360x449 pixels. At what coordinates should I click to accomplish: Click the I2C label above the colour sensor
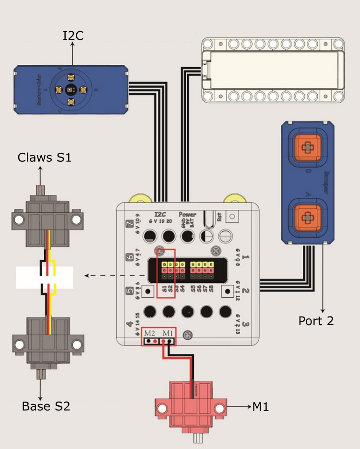click(x=73, y=35)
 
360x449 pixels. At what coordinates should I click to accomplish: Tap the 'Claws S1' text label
click(x=45, y=157)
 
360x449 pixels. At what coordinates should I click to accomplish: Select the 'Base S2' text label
click(x=46, y=406)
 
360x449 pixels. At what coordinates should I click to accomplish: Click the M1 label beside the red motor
click(x=261, y=407)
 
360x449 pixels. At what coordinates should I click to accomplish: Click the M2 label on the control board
click(x=149, y=333)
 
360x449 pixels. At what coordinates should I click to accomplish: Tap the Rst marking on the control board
click(x=219, y=217)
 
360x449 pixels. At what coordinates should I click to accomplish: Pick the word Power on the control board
click(x=188, y=214)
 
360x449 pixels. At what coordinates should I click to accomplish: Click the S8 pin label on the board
click(x=211, y=290)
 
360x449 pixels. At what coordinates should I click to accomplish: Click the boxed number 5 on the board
click(x=129, y=291)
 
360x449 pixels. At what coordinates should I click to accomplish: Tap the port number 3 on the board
click(x=245, y=325)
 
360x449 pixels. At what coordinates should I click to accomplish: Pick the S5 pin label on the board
click(x=193, y=290)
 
